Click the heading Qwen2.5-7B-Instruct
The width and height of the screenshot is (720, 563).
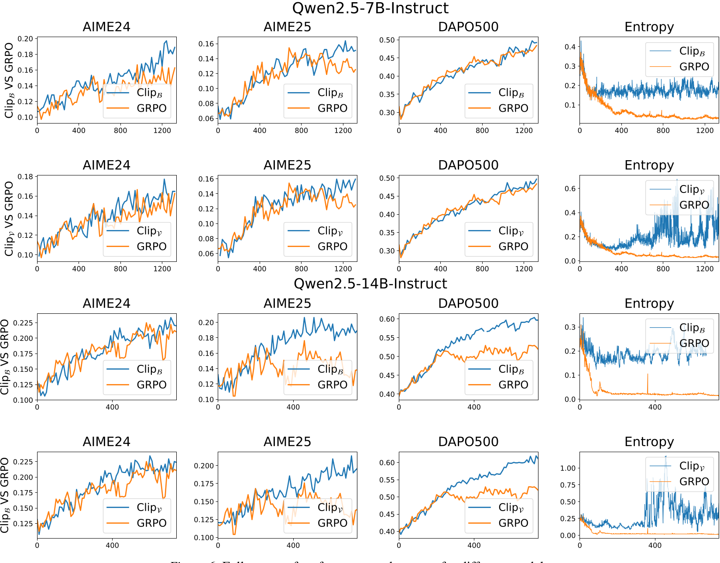coord(370,8)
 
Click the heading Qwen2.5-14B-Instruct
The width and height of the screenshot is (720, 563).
coord(370,284)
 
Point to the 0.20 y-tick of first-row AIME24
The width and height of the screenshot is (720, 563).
coord(25,39)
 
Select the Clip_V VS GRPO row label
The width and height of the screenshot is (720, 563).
coord(9,219)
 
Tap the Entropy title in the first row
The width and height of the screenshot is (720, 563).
coord(649,27)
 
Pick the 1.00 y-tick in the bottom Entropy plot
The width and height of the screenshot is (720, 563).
coord(568,468)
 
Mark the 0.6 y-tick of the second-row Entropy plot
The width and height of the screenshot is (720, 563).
coord(570,189)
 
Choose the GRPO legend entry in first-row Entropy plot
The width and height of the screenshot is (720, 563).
coord(694,67)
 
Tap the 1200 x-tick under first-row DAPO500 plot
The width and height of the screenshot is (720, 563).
coord(524,130)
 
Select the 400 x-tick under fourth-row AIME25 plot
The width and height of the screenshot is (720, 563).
coord(293,545)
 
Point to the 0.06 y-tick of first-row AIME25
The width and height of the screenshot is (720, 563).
coord(206,118)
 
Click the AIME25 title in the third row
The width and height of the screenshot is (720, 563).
coord(287,304)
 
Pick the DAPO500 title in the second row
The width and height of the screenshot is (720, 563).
coord(468,165)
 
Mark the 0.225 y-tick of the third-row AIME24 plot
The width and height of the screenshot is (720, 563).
coord(23,323)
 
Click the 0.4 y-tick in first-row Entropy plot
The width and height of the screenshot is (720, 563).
coord(570,47)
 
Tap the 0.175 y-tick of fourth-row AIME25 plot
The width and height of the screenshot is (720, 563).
coord(204,484)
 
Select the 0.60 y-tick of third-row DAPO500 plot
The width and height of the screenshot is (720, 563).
coord(387,319)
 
